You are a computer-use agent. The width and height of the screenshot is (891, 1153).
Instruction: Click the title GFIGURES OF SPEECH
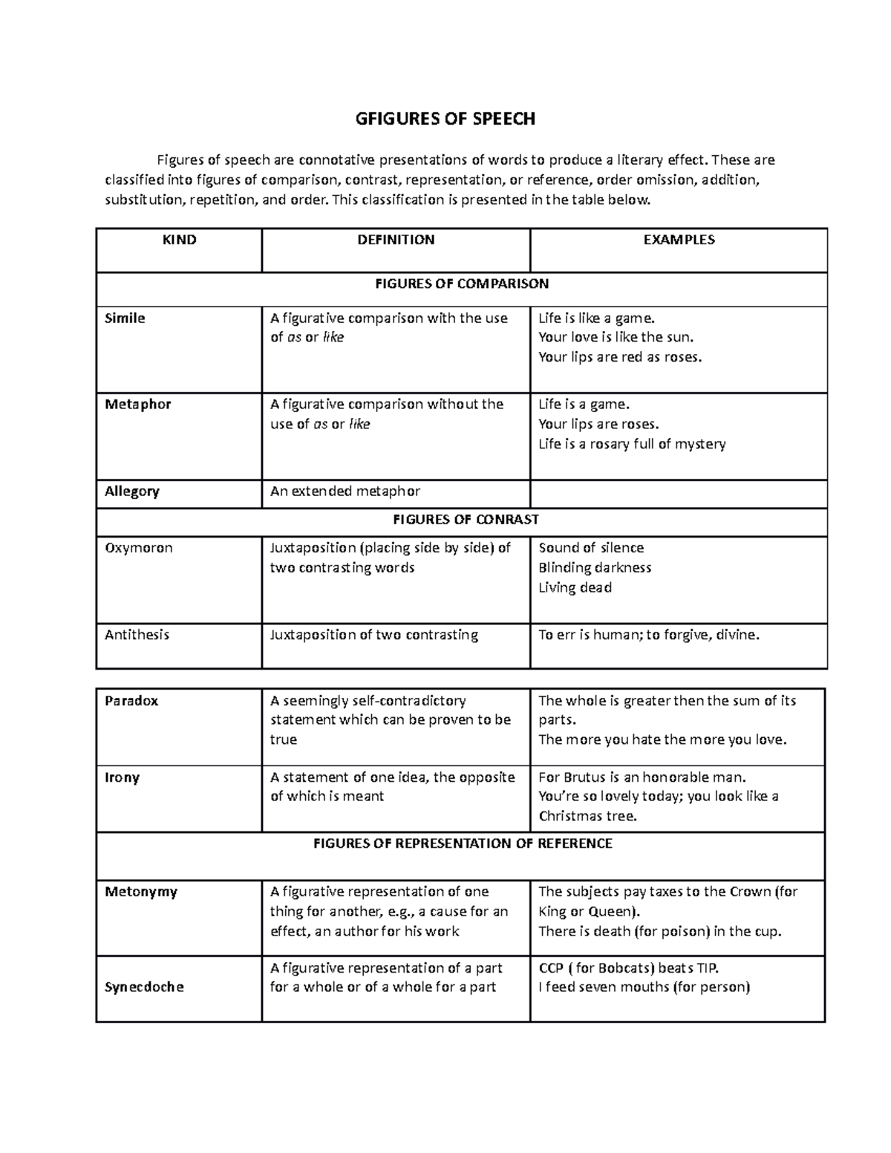tap(446, 119)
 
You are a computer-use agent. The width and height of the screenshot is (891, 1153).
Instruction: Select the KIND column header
tap(180, 240)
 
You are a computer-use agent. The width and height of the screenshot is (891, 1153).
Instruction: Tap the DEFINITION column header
tap(396, 240)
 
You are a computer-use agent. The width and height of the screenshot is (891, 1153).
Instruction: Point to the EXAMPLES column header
tap(679, 240)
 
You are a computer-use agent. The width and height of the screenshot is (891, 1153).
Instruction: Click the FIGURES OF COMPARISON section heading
tap(461, 284)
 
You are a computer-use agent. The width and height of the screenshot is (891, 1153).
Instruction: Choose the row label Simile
tap(125, 319)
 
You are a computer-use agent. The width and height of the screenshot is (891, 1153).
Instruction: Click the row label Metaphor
tap(137, 405)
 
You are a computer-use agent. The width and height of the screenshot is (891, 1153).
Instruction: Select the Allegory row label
tap(131, 491)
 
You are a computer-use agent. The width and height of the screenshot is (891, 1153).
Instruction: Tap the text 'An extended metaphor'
tap(345, 491)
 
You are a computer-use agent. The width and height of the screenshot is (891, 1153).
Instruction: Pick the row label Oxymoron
tap(138, 548)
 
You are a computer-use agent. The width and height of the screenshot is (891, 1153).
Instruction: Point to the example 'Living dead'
tap(575, 588)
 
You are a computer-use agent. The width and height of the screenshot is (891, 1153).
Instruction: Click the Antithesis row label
tap(137, 635)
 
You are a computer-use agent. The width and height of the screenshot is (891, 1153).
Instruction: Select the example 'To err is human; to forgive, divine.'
tap(649, 635)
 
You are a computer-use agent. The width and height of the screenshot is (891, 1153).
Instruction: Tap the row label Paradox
tap(131, 701)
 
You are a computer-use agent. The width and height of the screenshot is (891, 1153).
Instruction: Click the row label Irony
tap(122, 778)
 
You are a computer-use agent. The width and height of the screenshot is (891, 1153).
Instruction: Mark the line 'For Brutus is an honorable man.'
tap(642, 777)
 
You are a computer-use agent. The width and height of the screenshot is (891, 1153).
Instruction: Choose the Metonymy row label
tap(141, 892)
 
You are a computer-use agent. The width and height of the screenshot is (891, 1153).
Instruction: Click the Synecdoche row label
tap(144, 987)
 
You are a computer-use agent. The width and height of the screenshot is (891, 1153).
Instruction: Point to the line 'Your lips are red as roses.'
tap(619, 357)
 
